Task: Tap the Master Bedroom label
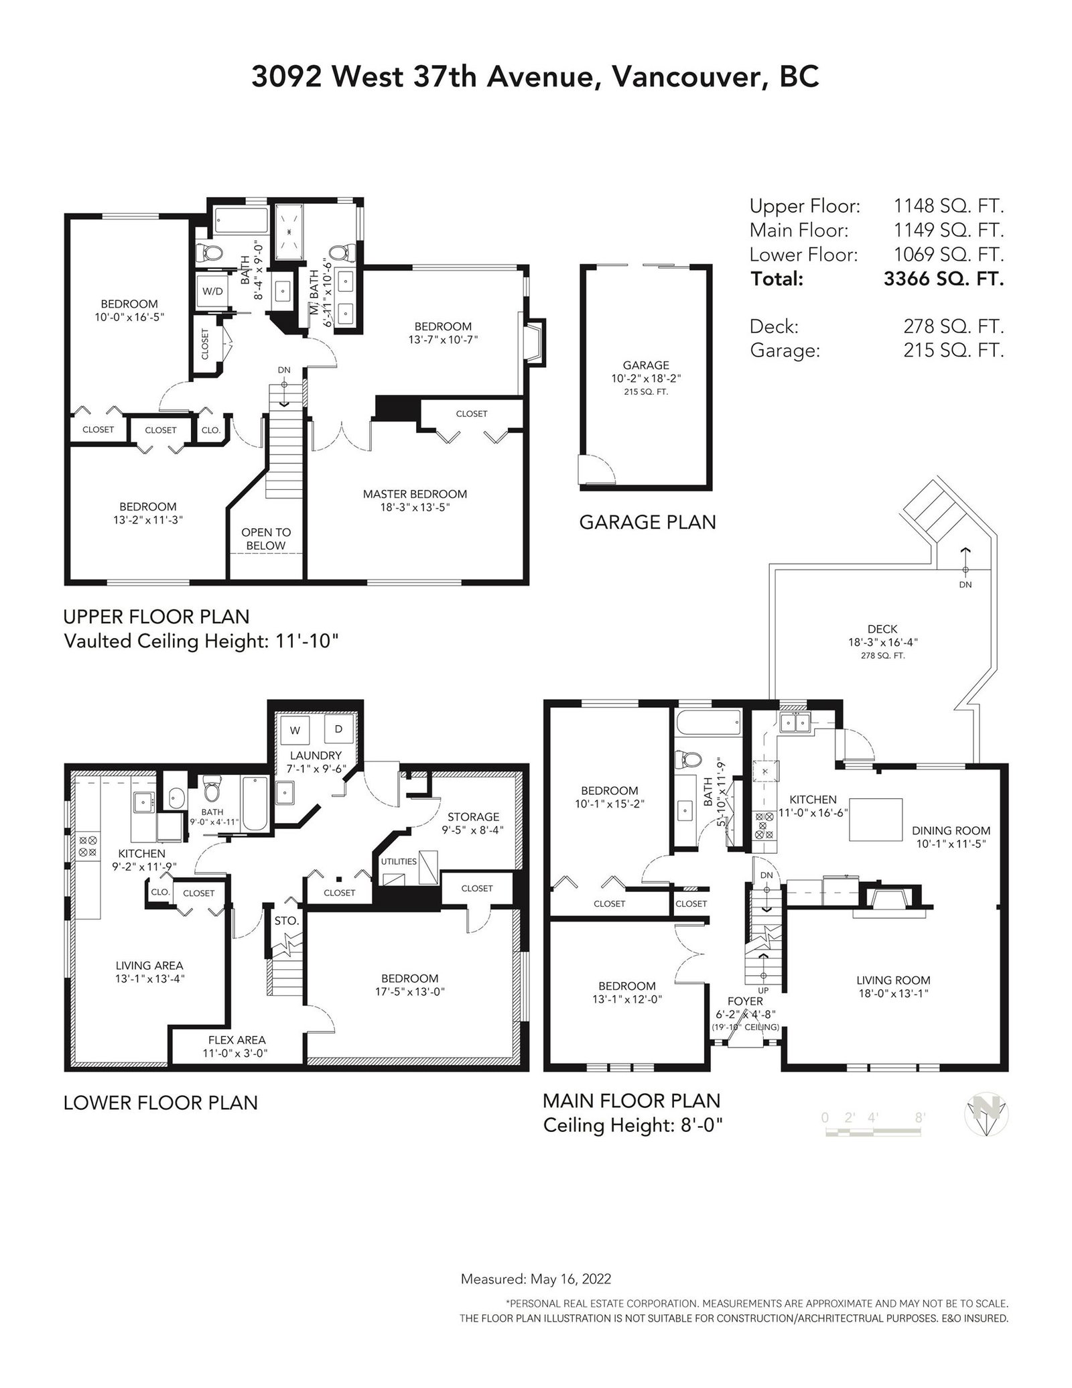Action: click(x=415, y=494)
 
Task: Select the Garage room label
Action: click(x=646, y=365)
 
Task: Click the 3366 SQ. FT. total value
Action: click(x=943, y=279)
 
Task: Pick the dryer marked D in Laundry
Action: click(x=338, y=729)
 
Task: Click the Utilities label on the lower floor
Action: click(x=399, y=861)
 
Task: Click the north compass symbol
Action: click(x=986, y=1117)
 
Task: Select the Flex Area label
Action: click(x=237, y=1040)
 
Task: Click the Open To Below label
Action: click(x=266, y=539)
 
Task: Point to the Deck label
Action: click(x=882, y=629)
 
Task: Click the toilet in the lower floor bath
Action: click(x=212, y=790)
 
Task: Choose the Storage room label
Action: click(x=474, y=816)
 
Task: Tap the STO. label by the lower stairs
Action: click(x=286, y=921)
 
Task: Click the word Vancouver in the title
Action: click(x=686, y=78)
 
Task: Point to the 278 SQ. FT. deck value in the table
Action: click(x=953, y=327)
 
